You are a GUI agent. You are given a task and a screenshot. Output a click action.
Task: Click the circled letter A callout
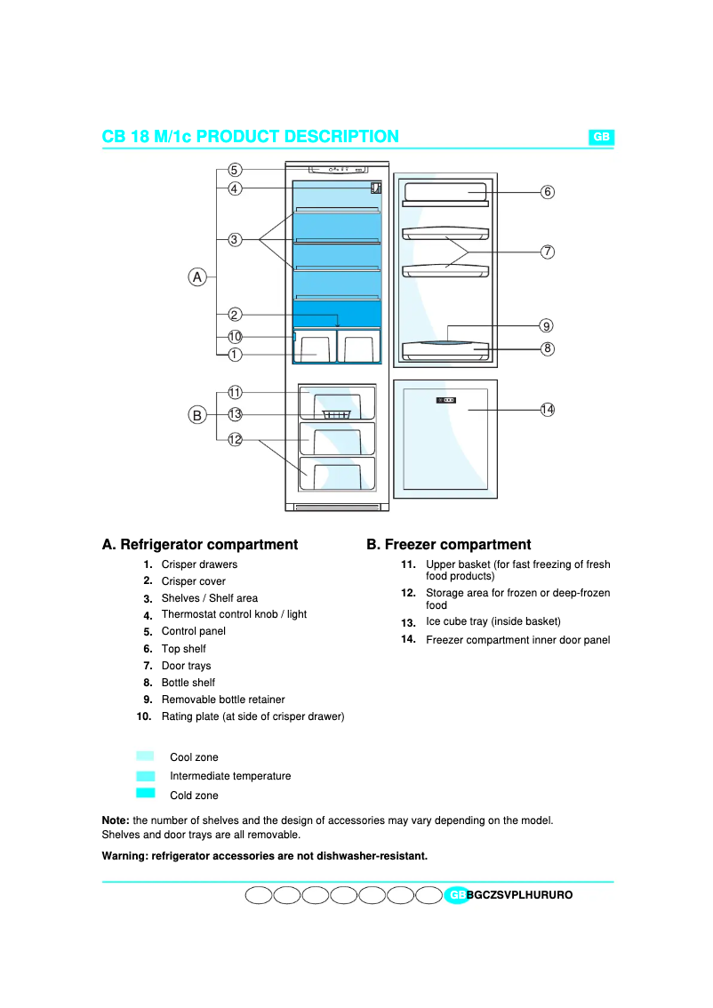197,277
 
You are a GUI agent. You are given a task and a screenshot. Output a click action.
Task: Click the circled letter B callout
197,414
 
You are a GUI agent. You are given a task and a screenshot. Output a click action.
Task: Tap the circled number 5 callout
235,170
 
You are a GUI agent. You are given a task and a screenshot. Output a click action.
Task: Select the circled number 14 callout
548,409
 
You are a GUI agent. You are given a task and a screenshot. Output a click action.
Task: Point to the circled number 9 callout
548,326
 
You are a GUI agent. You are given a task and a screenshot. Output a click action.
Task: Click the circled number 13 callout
235,414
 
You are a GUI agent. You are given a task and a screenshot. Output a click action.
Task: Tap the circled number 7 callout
548,252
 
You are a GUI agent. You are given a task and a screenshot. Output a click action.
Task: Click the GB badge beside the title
601,137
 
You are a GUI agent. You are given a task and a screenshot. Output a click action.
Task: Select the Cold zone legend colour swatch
146,794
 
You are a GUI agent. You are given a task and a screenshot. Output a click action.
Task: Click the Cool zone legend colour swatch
146,756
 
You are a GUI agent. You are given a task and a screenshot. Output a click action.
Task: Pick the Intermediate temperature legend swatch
146,776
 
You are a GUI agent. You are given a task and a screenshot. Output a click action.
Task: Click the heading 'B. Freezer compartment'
448,545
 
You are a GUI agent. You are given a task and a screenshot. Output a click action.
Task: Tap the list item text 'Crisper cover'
193,581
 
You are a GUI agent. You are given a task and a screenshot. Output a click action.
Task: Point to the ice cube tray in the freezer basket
337,414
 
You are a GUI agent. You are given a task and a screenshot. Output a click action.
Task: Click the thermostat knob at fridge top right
376,188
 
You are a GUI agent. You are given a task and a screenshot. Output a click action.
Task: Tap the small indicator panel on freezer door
446,400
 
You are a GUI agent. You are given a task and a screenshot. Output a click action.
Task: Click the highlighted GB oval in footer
455,895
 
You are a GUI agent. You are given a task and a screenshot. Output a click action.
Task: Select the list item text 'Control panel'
193,631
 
